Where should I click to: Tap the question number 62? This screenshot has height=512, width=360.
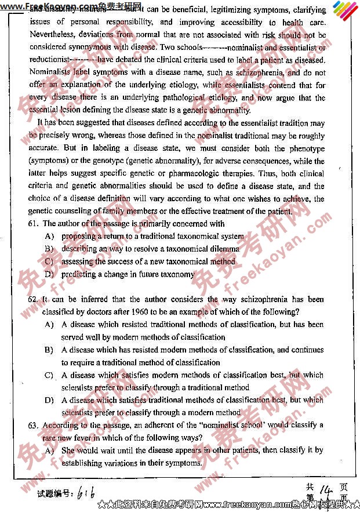coord(32,300)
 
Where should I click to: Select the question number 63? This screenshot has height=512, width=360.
coord(32,425)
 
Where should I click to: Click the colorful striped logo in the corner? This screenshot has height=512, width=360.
coord(346,12)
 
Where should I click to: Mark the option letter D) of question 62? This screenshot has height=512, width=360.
coord(49,400)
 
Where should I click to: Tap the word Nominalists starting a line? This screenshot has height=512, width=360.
coord(52,73)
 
